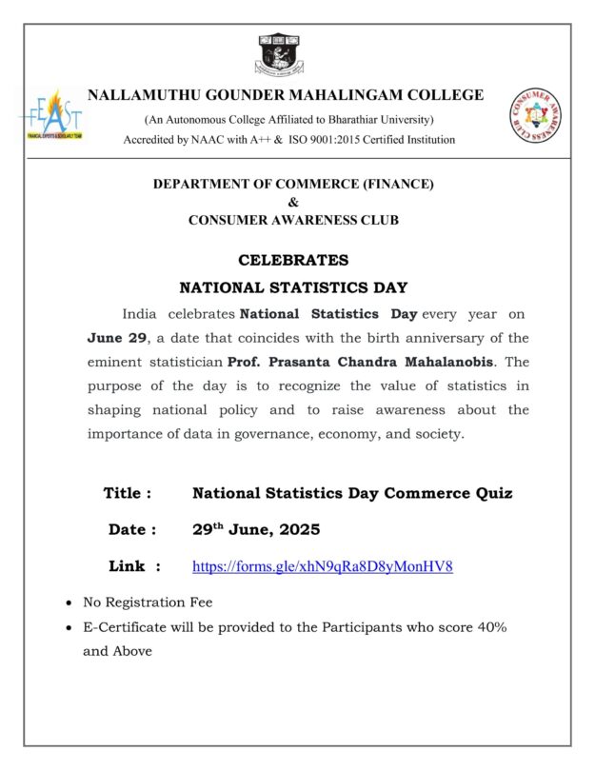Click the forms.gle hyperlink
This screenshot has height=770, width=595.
322,566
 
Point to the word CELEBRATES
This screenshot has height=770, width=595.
293,260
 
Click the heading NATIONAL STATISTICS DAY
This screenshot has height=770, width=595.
293,286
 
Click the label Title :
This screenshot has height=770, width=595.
128,493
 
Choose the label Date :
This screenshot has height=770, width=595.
132,529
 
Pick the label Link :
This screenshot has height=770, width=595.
134,566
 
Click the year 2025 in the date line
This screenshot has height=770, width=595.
300,529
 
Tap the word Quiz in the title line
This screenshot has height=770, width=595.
492,493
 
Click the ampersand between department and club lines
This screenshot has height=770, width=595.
293,202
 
